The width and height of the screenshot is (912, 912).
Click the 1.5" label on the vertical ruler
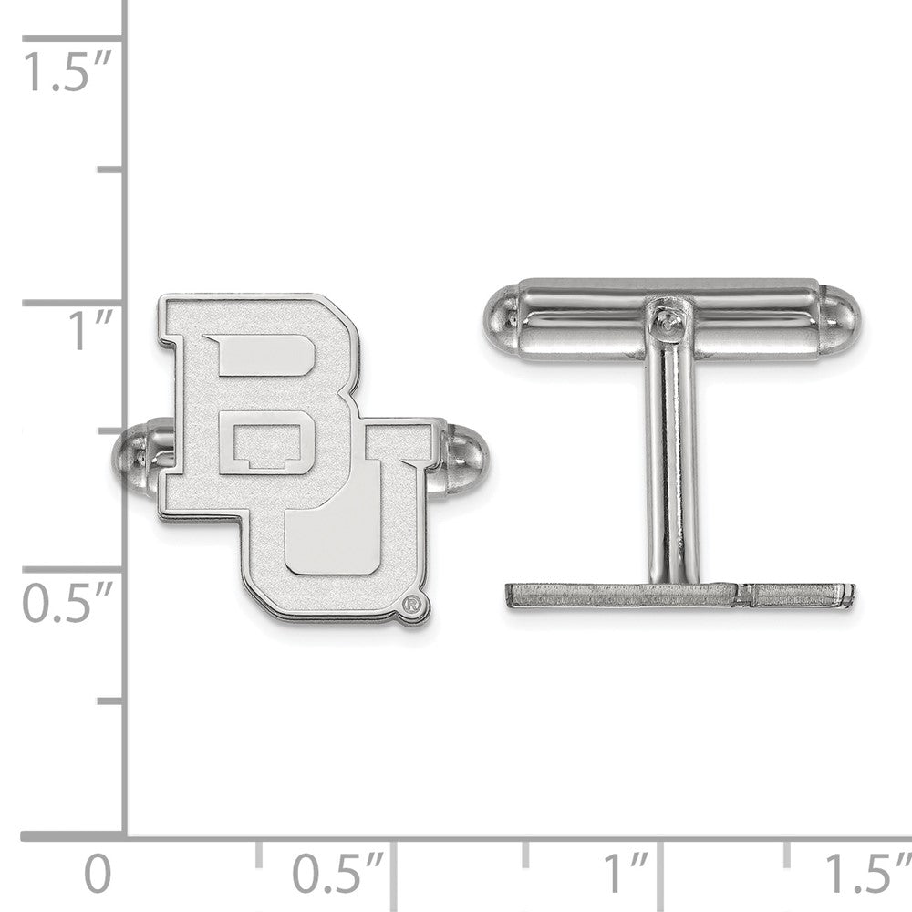click(x=66, y=72)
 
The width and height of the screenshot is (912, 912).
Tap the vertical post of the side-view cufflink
click(x=673, y=456)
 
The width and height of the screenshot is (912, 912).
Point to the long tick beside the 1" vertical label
click(x=73, y=304)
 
